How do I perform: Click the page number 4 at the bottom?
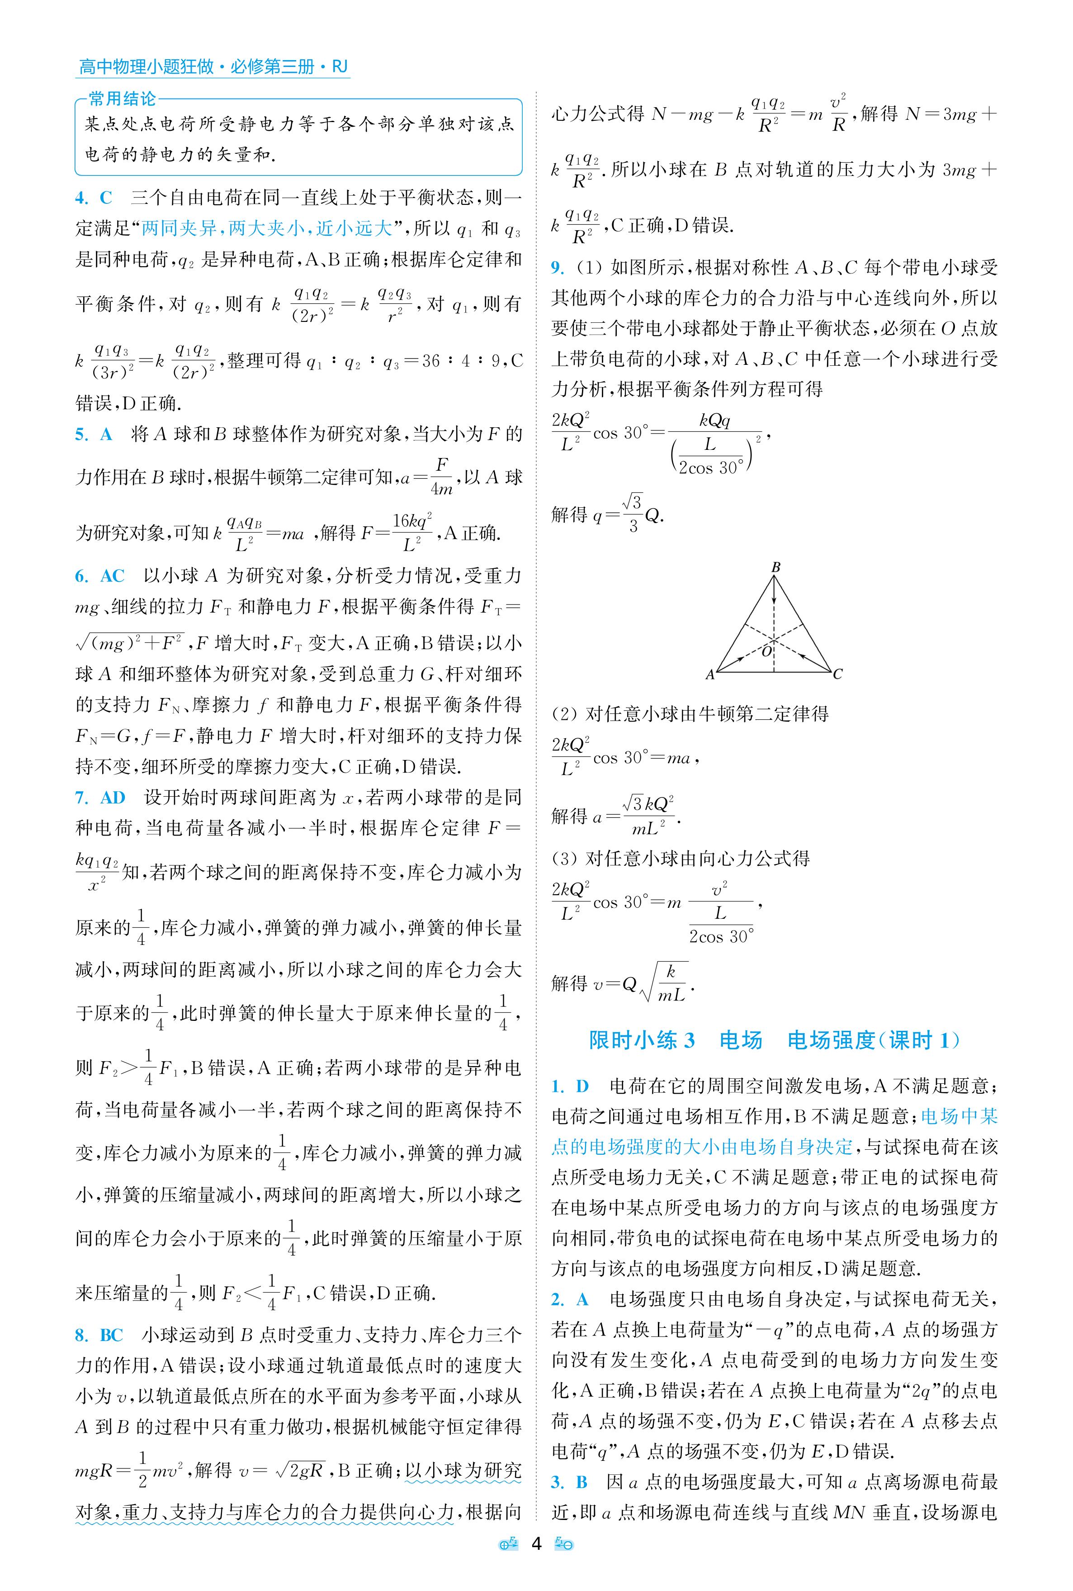pos(536,1563)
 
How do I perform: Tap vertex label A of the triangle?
pos(709,675)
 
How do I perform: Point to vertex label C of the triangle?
pos(837,675)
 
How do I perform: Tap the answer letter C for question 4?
pos(106,198)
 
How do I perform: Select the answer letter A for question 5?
pos(106,434)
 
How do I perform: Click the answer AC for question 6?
pos(112,576)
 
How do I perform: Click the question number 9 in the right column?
pos(558,268)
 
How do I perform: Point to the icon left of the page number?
pos(508,1563)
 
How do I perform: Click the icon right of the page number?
pos(564,1563)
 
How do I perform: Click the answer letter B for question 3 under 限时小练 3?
pos(581,1482)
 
